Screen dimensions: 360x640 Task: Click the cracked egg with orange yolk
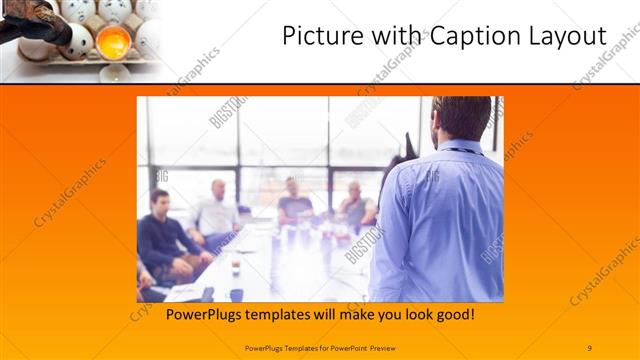tap(113, 42)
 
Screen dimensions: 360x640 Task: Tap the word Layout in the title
tap(566, 37)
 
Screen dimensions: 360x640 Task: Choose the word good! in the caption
tap(453, 315)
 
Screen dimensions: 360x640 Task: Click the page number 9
tap(589, 347)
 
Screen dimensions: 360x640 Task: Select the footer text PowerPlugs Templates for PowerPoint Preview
tap(321, 347)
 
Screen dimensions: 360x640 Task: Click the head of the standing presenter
tap(461, 119)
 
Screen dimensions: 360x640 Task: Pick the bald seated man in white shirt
tap(216, 211)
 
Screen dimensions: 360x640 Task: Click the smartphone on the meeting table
tap(237, 294)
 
